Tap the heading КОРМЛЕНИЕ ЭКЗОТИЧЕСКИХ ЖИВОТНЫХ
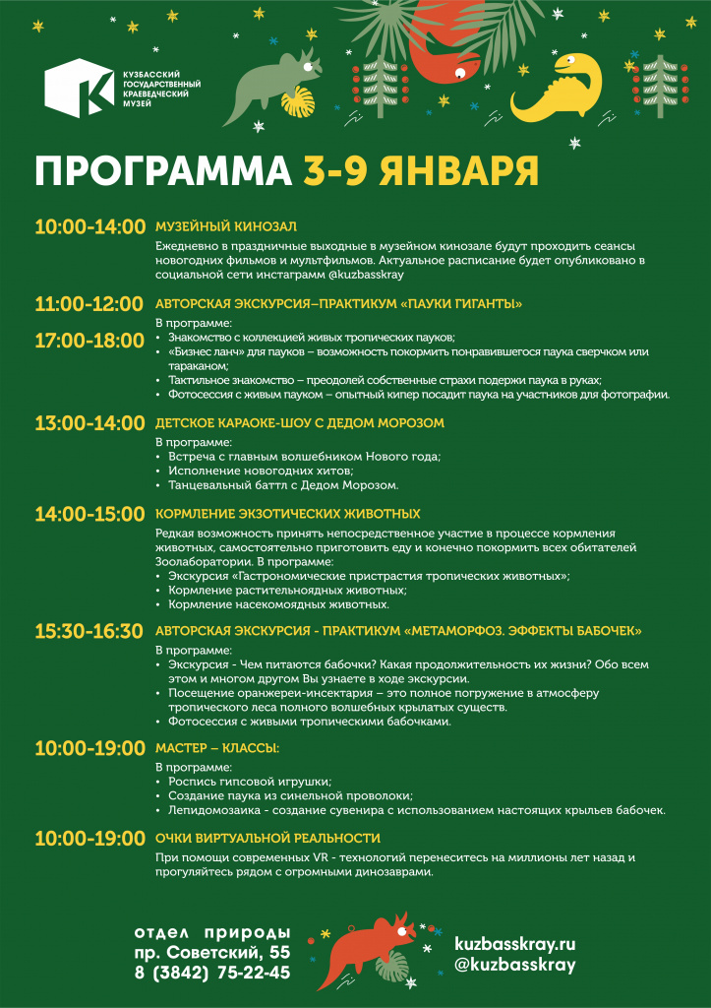(x=288, y=514)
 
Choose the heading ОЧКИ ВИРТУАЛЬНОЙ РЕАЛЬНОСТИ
(x=267, y=838)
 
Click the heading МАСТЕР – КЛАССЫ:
(x=217, y=748)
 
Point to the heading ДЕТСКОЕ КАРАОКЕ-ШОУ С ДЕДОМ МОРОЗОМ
(x=300, y=423)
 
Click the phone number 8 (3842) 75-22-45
(x=212, y=973)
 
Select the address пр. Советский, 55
(x=212, y=952)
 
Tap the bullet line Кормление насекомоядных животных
(x=279, y=603)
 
